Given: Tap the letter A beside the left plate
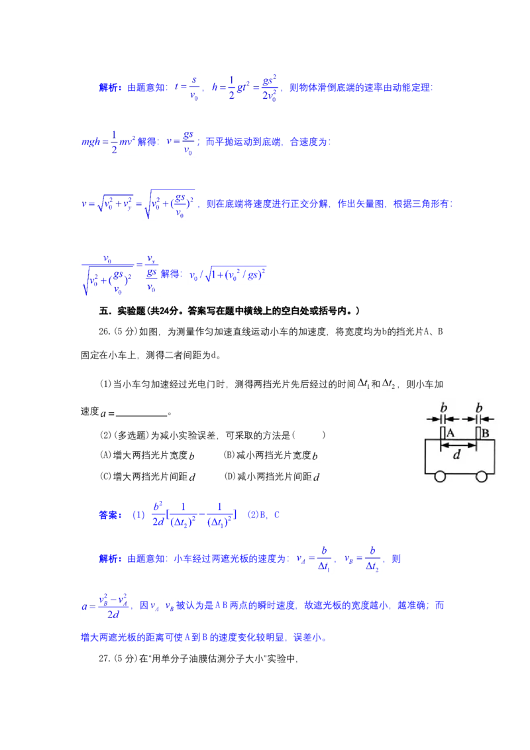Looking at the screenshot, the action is tap(450, 433).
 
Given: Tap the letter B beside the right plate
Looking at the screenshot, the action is tap(485, 433).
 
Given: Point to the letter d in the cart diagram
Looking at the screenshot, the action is tap(456, 455).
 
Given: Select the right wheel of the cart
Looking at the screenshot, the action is tap(482, 476).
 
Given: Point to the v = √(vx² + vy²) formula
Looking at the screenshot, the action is tap(139, 203).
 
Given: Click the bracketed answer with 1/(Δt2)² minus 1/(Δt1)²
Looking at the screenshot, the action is tap(195, 513).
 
